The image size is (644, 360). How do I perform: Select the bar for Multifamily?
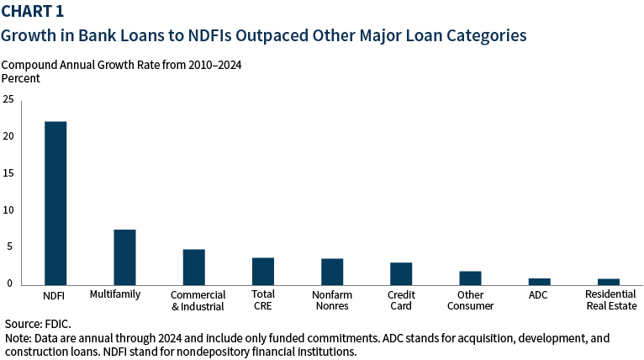124,257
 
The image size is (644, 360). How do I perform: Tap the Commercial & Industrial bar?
193,267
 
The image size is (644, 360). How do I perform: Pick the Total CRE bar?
263,272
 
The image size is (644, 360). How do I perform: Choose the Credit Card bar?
401,274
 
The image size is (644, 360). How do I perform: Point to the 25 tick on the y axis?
8,99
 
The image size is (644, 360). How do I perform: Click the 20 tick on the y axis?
8,136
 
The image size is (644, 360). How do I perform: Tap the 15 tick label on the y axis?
8,173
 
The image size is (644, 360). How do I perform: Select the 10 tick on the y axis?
8,210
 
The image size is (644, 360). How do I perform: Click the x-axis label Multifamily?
114,294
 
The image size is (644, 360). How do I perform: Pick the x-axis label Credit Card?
401,300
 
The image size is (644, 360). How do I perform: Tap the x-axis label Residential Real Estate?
609,300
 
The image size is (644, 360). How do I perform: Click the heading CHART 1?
34,13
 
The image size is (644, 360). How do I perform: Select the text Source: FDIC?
38,324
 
